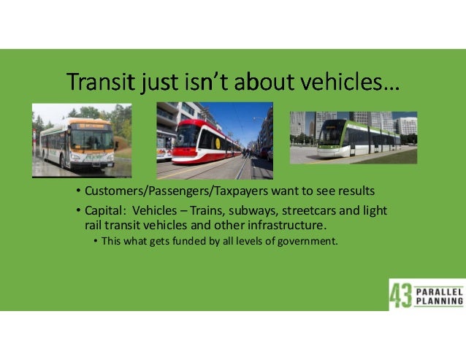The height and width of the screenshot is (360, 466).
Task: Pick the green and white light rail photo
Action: tap(353, 137)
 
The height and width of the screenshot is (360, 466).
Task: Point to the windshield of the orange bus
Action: tap(92, 139)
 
